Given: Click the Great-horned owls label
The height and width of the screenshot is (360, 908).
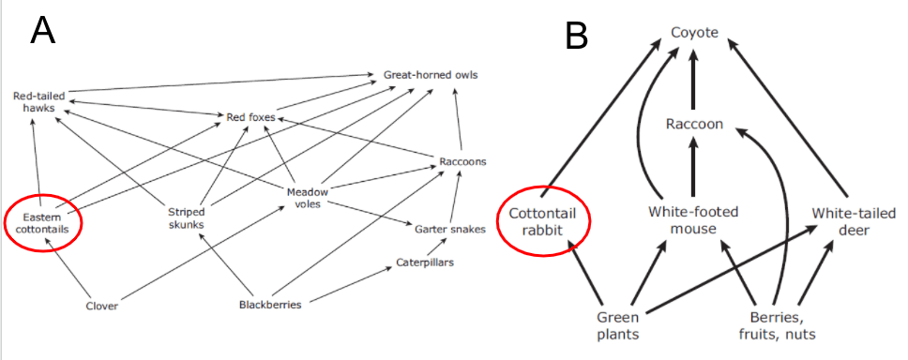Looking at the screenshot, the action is pos(431,75).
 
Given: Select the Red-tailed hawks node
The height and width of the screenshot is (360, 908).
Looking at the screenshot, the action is pos(39,100).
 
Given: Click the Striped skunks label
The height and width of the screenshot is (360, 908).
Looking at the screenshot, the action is pos(187,217).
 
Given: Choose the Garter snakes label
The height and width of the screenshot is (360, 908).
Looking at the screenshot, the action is pos(450,229).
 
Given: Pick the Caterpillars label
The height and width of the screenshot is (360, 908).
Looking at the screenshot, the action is pos(425,262).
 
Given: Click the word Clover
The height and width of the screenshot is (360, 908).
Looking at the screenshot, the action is pos(102,307).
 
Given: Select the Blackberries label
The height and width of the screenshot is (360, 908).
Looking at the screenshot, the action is pos(270,305).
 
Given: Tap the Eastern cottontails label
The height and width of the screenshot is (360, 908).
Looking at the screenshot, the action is pos(42,223).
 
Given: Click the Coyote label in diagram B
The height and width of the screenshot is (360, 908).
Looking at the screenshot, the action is pos(694,33).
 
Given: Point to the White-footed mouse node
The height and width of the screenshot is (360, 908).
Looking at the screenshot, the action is pos(693,220).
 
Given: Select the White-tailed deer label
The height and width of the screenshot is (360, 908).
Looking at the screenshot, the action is pos(854,220).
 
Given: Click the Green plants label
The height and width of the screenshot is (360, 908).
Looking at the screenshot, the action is pos(618,326).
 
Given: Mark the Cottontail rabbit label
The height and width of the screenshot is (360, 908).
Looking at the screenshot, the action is pos(544,221).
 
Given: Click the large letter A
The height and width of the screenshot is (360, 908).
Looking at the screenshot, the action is pos(43,30).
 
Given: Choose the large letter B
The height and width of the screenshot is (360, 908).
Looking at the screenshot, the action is pos(577,36).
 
